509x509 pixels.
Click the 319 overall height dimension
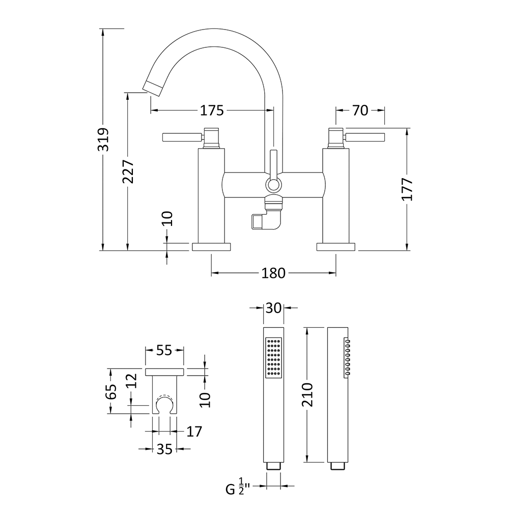coord(103,138)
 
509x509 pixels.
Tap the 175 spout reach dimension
coord(212,110)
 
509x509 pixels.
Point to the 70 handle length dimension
coord(360,110)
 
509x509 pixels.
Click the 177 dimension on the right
coord(407,189)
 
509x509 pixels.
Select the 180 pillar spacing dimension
coord(273,273)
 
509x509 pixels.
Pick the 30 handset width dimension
coord(273,308)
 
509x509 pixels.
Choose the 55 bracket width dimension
coord(164,350)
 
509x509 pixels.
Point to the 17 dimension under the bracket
coord(194,432)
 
